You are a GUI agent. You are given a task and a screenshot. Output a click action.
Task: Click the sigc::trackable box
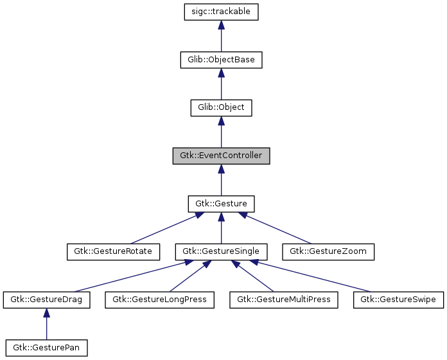pyautogui.click(x=221, y=12)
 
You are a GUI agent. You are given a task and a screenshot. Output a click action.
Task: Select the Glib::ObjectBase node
pyautogui.click(x=221, y=60)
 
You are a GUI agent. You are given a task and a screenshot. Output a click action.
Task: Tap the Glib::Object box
pyautogui.click(x=221, y=107)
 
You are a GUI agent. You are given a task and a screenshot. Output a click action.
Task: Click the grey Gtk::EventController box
pyautogui.click(x=221, y=156)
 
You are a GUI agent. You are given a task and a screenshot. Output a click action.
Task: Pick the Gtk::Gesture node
pyautogui.click(x=221, y=204)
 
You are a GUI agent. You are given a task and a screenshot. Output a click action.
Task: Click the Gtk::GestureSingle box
pyautogui.click(x=221, y=251)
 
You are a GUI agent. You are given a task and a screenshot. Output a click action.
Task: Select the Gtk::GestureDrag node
pyautogui.click(x=46, y=300)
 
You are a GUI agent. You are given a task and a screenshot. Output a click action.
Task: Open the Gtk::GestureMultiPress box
pyautogui.click(x=283, y=300)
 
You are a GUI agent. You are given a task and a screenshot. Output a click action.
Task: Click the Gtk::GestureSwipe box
pyautogui.click(x=398, y=300)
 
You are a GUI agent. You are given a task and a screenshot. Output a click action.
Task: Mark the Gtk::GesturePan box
pyautogui.click(x=46, y=348)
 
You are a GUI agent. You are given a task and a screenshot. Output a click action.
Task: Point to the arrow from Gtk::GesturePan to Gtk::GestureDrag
pyautogui.click(x=46, y=325)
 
